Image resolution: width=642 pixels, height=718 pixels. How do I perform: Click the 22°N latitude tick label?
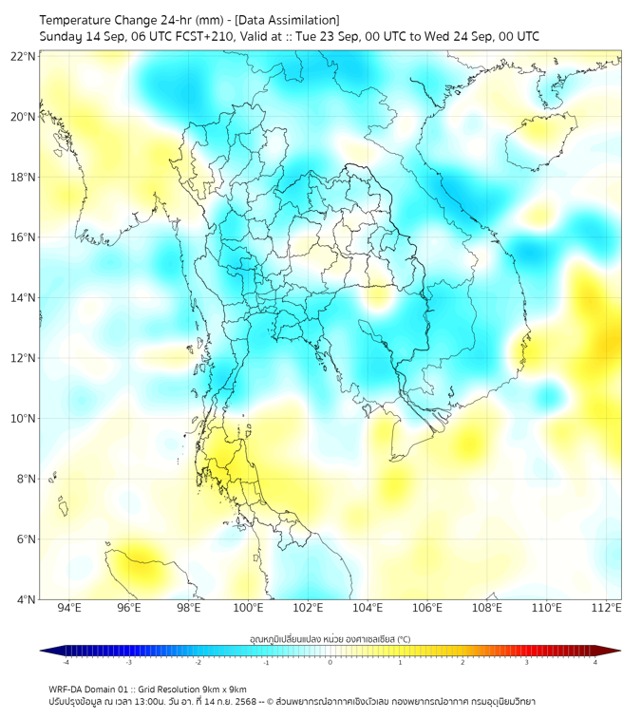(24, 56)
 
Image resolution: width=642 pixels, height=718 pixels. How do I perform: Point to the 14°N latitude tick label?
(24, 298)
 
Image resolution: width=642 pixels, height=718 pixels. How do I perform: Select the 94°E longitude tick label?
(69, 608)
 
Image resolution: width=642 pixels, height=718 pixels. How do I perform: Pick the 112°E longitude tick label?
(606, 608)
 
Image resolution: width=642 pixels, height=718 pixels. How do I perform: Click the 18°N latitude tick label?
(24, 178)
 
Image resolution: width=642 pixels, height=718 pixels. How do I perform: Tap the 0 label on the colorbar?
(330, 662)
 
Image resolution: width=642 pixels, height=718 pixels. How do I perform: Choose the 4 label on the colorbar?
(595, 662)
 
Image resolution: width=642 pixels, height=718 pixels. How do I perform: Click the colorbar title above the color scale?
(330, 638)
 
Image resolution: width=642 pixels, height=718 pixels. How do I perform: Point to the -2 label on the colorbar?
(198, 662)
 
